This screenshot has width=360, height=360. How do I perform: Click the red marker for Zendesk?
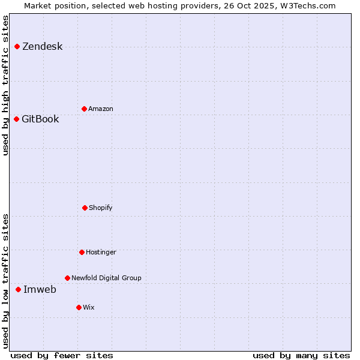pos(17,46)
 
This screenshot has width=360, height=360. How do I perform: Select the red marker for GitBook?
pos(16,119)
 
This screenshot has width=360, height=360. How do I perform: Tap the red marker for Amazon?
pos(84,109)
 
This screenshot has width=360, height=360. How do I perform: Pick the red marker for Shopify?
pos(85,208)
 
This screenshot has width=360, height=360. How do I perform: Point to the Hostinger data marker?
pos(82,252)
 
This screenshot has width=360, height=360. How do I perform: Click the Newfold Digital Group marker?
pos(67,278)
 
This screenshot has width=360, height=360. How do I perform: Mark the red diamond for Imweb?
pos(18,289)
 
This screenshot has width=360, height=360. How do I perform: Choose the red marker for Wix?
pos(79,307)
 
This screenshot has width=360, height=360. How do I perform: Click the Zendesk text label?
pos(42,47)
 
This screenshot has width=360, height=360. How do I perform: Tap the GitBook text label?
pos(40,119)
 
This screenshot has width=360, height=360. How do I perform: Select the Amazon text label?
pos(101,109)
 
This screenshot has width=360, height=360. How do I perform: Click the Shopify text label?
pos(101,208)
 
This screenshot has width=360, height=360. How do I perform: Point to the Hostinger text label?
pos(101,253)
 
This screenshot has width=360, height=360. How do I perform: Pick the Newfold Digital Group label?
pos(106,278)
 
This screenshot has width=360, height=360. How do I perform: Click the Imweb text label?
pos(40,290)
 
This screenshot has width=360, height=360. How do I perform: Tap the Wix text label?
pos(89,308)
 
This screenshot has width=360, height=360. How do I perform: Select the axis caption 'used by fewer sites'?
pos(62,355)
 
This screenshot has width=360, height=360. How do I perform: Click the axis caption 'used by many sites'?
pos(301,355)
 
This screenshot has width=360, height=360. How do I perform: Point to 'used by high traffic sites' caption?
pos(6,85)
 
